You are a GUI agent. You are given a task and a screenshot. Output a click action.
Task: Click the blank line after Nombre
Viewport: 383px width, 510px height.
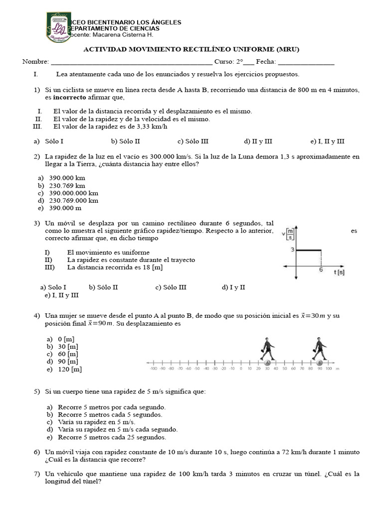point(131,63)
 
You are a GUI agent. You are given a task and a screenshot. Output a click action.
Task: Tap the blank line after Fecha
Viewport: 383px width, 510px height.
point(306,63)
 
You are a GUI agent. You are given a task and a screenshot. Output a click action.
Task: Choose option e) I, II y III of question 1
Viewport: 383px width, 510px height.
point(327,141)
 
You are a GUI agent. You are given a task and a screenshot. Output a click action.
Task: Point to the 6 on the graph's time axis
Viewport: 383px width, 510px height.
point(321,269)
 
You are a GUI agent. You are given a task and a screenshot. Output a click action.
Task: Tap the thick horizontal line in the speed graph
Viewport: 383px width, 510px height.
point(309,250)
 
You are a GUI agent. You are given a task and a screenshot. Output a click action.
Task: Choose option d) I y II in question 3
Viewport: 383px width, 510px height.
point(233,287)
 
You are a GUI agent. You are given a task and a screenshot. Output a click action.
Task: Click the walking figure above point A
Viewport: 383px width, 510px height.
point(267,348)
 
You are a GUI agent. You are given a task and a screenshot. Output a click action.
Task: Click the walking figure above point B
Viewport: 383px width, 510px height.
point(320,348)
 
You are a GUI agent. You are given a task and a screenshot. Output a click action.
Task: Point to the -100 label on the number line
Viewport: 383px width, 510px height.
point(153,369)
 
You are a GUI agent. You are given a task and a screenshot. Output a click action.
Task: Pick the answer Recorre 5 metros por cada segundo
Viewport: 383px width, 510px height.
point(111,407)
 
